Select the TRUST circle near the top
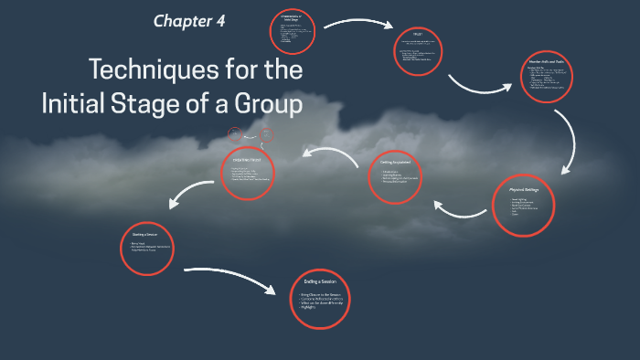(417, 54)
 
